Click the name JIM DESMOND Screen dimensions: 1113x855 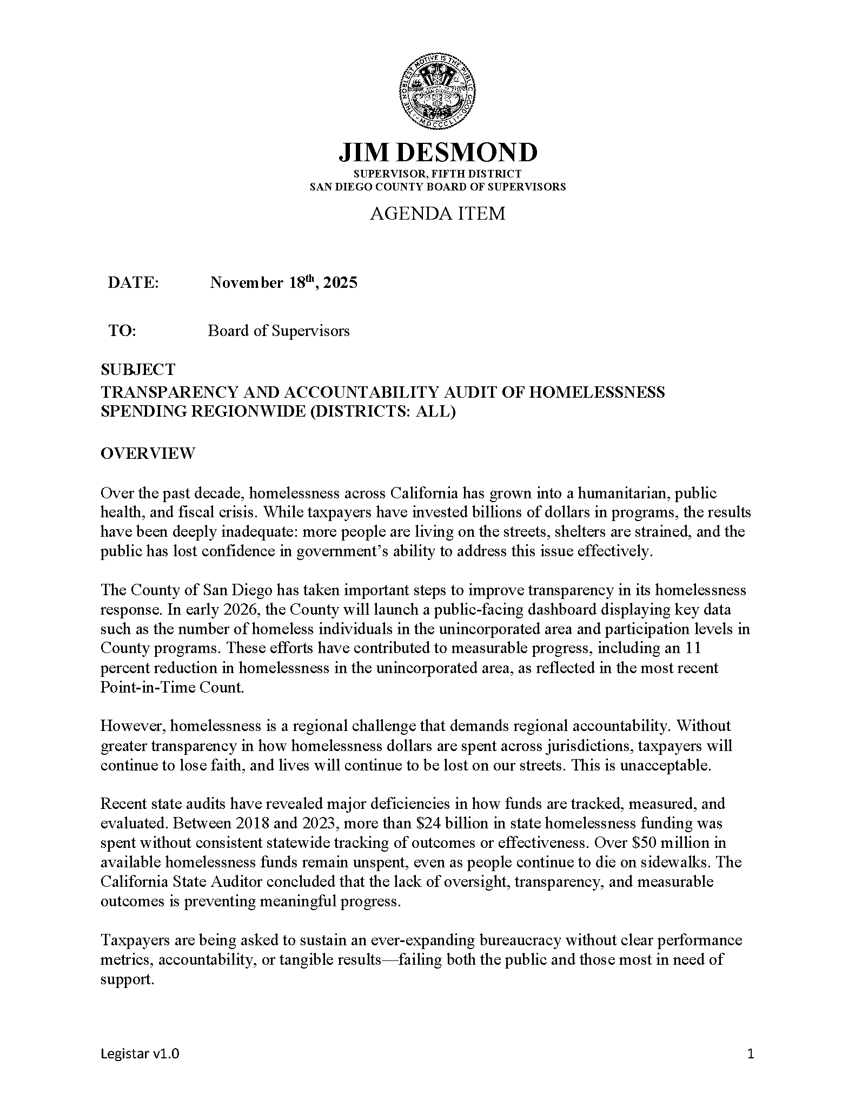(438, 153)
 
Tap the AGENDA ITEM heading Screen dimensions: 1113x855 (438, 214)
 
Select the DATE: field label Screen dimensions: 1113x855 (133, 283)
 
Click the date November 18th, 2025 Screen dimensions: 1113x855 (283, 282)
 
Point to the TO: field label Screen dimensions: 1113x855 (122, 331)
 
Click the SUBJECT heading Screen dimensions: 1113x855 (138, 370)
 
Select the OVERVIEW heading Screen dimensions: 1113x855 (148, 453)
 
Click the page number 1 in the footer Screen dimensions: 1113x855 (750, 1053)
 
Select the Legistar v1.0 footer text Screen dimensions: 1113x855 (140, 1053)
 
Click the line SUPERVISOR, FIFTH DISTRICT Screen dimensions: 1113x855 (438, 174)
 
